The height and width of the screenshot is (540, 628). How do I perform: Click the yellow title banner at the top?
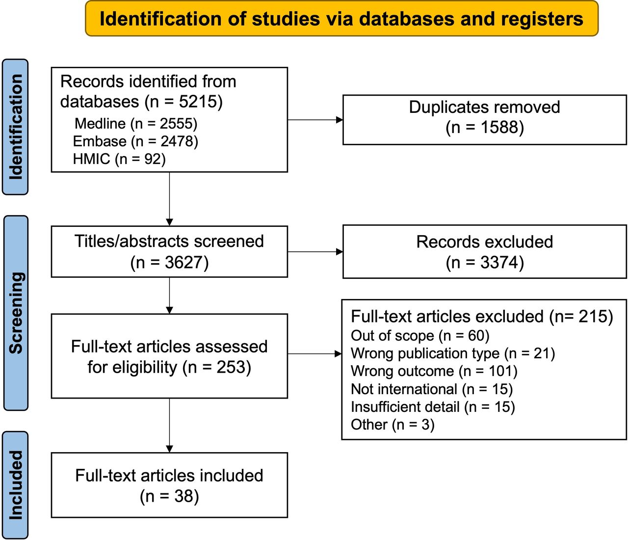(x=341, y=19)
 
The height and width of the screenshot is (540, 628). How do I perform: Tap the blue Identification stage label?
(x=15, y=127)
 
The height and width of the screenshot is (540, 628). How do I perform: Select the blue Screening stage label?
(x=16, y=313)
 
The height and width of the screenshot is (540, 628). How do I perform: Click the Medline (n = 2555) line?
(x=136, y=124)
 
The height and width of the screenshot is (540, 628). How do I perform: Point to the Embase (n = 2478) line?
(x=135, y=141)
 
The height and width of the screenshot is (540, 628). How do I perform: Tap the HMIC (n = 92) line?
(x=119, y=159)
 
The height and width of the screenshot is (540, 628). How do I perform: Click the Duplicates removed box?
(x=484, y=120)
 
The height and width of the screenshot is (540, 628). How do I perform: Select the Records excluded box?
(x=484, y=252)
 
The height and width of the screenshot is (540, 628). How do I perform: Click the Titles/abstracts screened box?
(x=169, y=251)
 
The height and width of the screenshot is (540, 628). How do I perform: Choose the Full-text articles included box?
(x=169, y=486)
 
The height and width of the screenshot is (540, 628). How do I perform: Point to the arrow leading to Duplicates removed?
(x=315, y=120)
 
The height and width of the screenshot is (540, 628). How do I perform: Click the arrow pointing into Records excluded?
(x=315, y=252)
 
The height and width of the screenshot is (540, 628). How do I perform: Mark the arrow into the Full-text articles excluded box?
(x=314, y=354)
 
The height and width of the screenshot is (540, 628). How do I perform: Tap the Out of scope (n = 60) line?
(x=420, y=336)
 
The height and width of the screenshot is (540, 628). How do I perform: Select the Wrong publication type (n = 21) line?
(x=453, y=353)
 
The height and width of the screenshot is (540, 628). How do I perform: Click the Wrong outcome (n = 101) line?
(x=434, y=371)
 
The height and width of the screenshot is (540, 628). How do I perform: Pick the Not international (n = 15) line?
(x=432, y=389)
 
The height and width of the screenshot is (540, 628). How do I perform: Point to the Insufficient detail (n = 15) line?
(x=433, y=407)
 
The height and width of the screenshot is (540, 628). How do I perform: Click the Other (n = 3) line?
(x=392, y=425)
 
